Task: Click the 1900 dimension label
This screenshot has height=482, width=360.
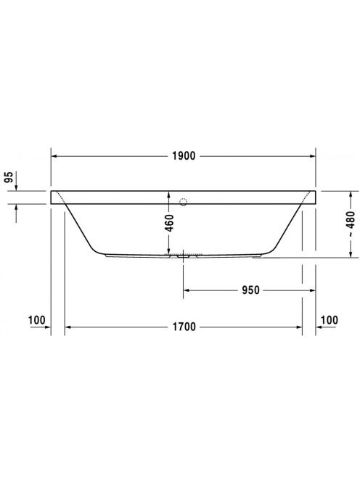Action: tap(184, 156)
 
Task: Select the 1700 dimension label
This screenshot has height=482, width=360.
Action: tap(184, 327)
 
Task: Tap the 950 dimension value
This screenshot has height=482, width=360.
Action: tap(250, 290)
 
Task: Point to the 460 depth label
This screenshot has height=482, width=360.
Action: tap(169, 223)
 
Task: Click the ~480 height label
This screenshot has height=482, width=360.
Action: tap(350, 224)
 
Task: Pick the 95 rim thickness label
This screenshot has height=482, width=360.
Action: tap(10, 177)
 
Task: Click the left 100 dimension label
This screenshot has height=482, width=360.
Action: tap(36, 320)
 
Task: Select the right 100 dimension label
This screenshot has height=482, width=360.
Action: tap(330, 320)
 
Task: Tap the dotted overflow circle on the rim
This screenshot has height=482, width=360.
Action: tap(183, 202)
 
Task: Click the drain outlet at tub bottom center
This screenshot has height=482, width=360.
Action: tap(183, 256)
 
